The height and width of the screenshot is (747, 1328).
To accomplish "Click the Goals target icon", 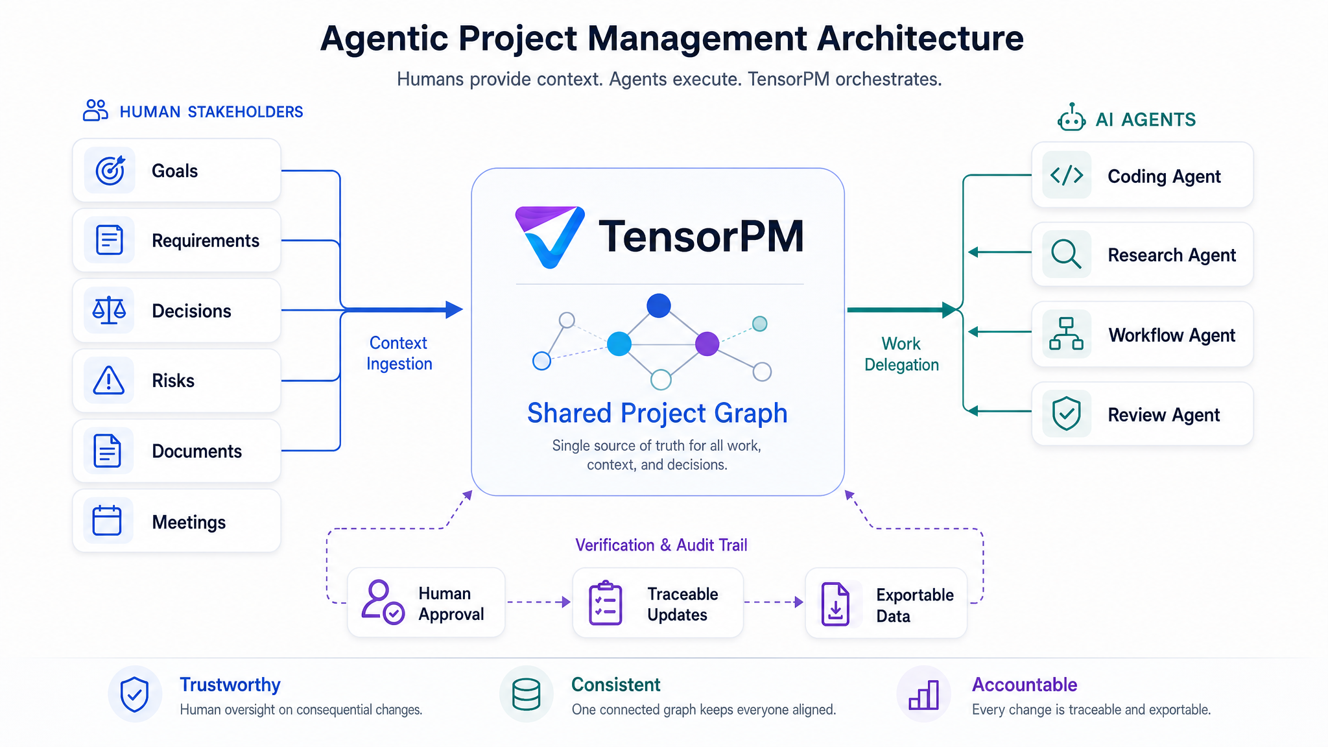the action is click(110, 171).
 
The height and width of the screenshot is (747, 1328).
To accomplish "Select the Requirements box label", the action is click(206, 241).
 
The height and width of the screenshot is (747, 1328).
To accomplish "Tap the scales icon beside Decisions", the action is click(109, 310).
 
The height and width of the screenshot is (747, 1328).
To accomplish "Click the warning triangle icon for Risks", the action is click(109, 380).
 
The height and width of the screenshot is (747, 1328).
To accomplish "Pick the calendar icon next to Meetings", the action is click(107, 520).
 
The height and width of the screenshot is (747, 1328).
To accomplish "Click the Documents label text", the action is click(196, 451).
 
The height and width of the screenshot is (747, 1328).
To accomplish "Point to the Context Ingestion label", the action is click(399, 353).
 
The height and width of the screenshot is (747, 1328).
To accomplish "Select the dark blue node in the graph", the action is click(658, 305).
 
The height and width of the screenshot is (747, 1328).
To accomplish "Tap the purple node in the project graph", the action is click(707, 344).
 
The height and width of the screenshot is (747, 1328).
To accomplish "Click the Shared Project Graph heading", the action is click(657, 413).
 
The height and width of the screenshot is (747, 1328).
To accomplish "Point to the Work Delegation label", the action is click(901, 354).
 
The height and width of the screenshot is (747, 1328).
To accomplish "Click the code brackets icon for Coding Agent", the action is click(1067, 175).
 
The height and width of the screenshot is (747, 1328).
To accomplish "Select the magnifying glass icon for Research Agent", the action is click(1066, 254).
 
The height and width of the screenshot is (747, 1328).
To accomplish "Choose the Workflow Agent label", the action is click(1172, 335).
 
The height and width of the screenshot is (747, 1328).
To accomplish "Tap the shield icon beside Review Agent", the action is click(1066, 414).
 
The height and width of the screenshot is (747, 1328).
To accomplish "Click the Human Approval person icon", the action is click(383, 602).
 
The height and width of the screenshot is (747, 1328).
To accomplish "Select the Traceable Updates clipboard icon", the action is click(605, 603).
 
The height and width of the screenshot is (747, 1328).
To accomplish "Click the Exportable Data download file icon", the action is click(835, 604).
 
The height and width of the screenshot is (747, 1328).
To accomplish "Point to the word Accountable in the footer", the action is click(1025, 685).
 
